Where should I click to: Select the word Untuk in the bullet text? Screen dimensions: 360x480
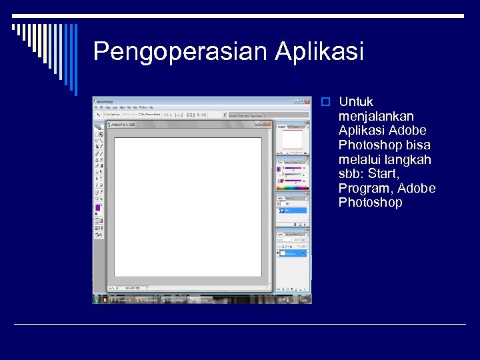[x=356, y=102]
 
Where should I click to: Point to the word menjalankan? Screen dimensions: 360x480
[x=375, y=116]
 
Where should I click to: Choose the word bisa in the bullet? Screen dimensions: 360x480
[x=417, y=145]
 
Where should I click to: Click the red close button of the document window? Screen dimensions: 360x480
[x=268, y=124]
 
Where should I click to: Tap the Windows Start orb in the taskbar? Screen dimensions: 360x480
[x=97, y=300]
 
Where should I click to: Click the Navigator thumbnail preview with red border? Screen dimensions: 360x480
[x=293, y=139]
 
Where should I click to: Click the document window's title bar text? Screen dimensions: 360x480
[x=124, y=124]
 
